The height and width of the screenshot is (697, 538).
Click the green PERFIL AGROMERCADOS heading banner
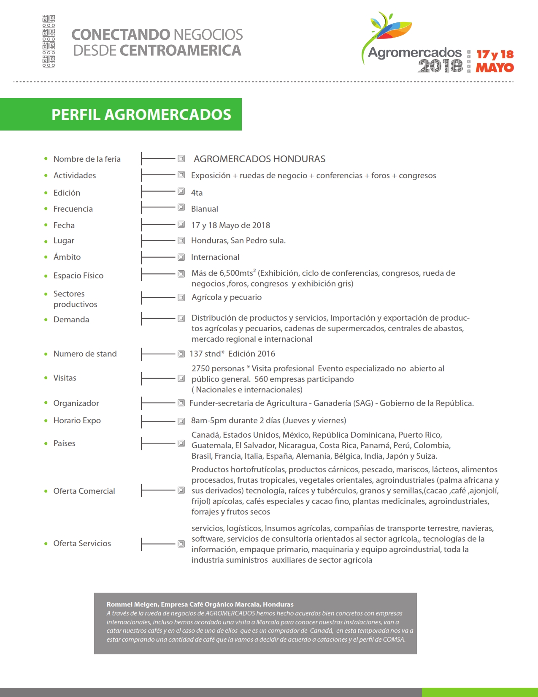click(141, 114)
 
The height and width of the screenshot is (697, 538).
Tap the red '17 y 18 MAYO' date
click(495, 61)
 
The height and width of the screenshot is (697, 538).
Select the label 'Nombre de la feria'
click(87, 159)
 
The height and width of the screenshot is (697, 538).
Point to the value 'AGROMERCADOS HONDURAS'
click(259, 159)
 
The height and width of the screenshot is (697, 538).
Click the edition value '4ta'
click(197, 193)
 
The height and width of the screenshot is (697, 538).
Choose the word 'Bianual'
click(204, 209)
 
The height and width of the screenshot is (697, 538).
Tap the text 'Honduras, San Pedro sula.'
click(238, 240)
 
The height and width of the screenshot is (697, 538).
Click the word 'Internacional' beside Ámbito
click(215, 257)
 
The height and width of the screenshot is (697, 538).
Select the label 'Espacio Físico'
click(78, 275)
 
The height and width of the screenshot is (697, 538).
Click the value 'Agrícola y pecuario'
click(226, 297)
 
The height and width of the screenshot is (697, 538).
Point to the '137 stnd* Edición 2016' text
click(232, 354)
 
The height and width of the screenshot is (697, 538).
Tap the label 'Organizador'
click(76, 403)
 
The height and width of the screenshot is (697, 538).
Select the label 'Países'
click(64, 443)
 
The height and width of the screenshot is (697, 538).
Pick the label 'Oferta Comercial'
click(84, 491)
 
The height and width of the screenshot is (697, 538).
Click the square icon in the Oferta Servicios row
click(181, 544)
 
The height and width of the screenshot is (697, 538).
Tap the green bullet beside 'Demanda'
click(46, 320)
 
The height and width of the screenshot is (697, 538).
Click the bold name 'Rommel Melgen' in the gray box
click(132, 604)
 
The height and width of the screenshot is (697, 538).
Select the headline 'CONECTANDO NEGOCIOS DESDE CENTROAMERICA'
click(157, 42)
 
